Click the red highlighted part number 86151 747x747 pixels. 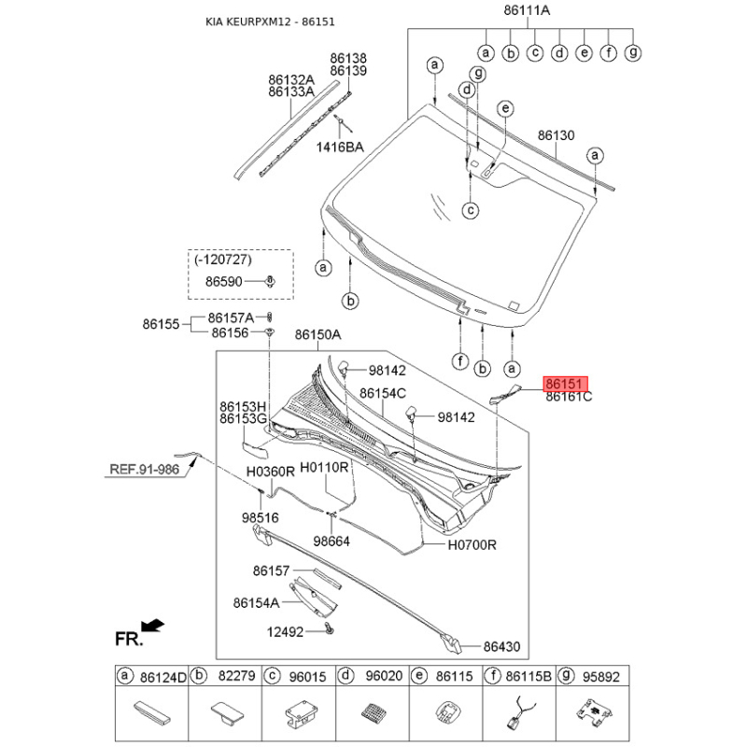(566, 384)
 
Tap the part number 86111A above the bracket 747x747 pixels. (527, 10)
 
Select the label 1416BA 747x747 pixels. (340, 147)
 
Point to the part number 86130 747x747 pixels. (556, 135)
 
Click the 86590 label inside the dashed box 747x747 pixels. (224, 282)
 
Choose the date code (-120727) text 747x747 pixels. (223, 260)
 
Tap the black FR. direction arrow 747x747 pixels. (153, 625)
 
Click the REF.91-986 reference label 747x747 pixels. (145, 470)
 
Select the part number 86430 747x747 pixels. (501, 646)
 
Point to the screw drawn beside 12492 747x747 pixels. (330, 628)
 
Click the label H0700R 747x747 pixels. (472, 544)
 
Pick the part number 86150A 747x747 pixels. (317, 335)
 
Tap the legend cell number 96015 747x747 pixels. (308, 676)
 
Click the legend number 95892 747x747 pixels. (601, 676)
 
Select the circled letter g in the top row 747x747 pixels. (633, 52)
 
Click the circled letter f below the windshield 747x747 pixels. (460, 361)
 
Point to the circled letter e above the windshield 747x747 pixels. (505, 108)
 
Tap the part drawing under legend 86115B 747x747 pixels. (521, 712)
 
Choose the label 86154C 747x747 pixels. (383, 393)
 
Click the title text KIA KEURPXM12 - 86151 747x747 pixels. (270, 21)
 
